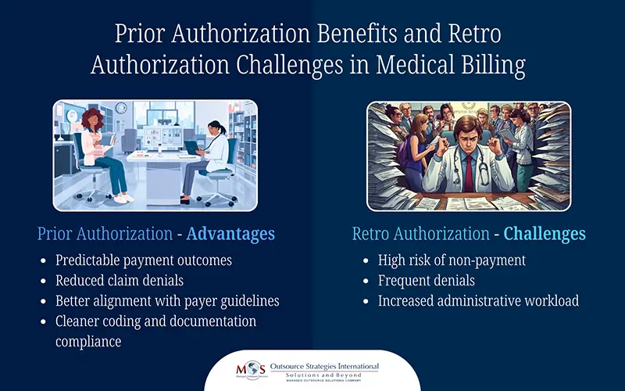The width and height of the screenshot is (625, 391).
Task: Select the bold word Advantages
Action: (230, 233)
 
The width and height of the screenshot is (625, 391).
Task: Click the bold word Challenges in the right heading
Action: (544, 233)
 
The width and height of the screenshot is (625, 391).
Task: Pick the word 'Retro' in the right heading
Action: (373, 233)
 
